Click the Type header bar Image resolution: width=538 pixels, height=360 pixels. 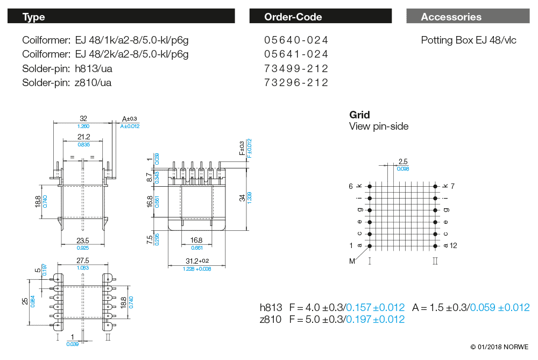click(121, 17)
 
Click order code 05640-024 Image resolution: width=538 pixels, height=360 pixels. click(296, 40)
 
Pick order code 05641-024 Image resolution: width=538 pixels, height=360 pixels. click(296, 54)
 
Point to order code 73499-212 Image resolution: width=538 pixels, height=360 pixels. click(296, 68)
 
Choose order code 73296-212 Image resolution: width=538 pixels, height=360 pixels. click(296, 82)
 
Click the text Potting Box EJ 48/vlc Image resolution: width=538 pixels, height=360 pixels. click(469, 40)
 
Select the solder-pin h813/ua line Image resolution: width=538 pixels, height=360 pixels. click(67, 68)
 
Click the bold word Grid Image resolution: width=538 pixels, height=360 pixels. click(359, 115)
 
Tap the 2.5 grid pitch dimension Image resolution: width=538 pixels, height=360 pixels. click(403, 161)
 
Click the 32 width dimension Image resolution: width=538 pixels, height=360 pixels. click(83, 118)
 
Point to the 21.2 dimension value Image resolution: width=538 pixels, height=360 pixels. click(83, 137)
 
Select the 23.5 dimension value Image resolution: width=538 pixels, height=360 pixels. click(83, 241)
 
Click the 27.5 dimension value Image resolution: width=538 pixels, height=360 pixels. click(83, 260)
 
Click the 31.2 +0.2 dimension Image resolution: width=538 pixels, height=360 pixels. click(197, 260)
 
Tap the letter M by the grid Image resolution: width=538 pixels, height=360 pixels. click(352, 261)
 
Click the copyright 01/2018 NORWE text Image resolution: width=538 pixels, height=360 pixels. click(499, 347)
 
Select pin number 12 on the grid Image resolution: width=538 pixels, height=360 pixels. click(453, 246)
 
